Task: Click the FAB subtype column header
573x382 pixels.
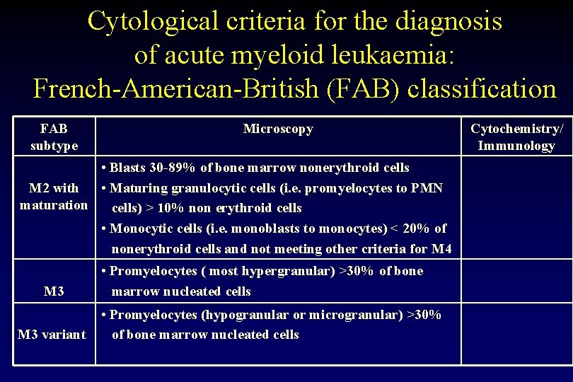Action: (54, 137)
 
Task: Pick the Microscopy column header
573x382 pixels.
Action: (278, 129)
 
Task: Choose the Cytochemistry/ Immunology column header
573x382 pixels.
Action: (517, 137)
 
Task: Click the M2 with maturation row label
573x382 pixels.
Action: (54, 197)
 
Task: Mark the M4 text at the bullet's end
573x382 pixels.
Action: (441, 248)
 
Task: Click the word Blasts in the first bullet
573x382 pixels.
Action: (127, 168)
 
